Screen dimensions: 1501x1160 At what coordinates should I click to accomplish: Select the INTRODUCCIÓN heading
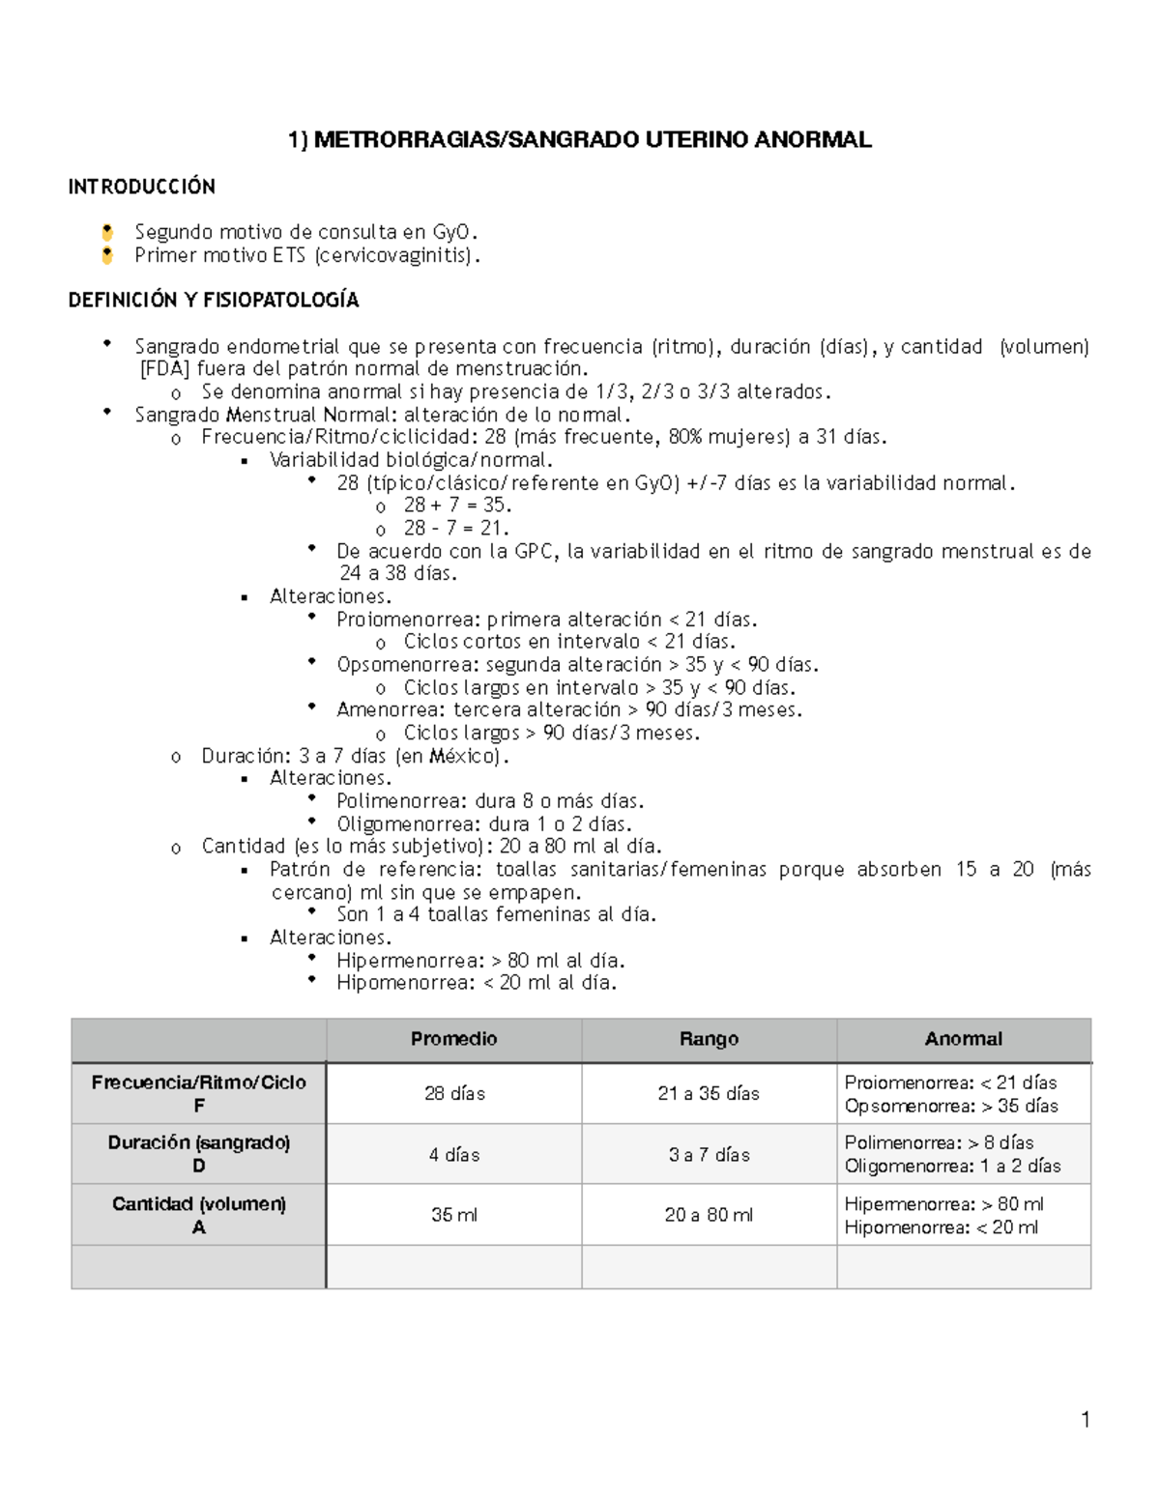point(141,187)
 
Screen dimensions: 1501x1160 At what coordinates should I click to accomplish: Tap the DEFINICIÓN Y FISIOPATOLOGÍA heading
point(213,301)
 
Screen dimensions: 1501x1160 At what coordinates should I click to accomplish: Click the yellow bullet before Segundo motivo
point(107,232)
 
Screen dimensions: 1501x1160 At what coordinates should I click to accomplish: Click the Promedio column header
point(453,1039)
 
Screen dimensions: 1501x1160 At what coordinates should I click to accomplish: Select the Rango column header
point(709,1039)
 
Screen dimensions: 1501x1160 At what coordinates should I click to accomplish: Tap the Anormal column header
point(963,1039)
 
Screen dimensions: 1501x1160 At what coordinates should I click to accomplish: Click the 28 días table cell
point(453,1094)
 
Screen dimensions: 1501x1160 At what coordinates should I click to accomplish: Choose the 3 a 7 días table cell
point(709,1155)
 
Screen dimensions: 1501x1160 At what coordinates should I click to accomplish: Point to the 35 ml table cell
point(453,1216)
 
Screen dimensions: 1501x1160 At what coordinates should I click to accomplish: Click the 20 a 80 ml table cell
point(709,1216)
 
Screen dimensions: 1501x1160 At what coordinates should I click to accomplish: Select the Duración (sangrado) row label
point(198,1143)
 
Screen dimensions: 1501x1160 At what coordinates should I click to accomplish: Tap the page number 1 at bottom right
point(1085,1420)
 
